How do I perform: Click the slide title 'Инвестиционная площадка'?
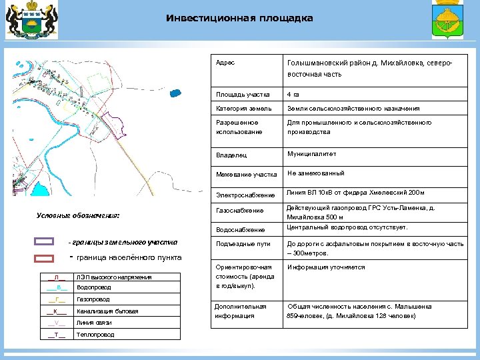point(239,18)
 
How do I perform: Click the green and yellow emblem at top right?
point(448,26)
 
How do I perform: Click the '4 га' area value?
point(293,93)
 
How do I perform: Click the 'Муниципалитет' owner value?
point(311,154)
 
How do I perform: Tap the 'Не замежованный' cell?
point(315,173)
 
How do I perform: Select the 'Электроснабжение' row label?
point(245,195)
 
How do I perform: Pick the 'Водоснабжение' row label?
point(240,229)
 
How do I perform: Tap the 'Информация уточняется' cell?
point(326,267)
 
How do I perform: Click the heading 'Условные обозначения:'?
point(77,215)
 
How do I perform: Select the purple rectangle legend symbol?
point(44,241)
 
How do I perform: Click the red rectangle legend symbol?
point(44,257)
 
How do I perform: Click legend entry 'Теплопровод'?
point(95,334)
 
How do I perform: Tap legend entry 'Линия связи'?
point(93,323)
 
